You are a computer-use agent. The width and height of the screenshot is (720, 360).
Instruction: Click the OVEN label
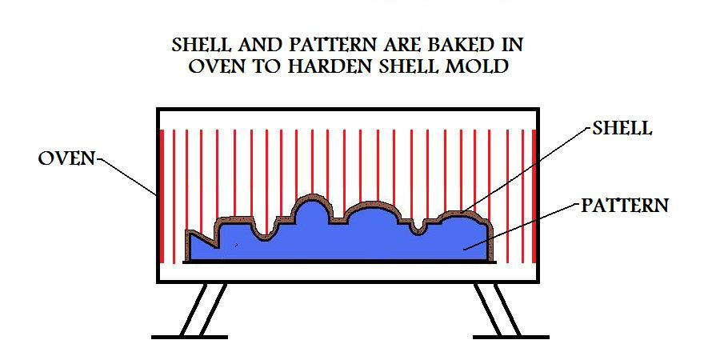(x=66, y=159)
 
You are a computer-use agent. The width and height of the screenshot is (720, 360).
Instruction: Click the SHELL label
(x=622, y=128)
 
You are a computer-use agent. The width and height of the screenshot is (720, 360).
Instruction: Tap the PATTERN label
(x=625, y=206)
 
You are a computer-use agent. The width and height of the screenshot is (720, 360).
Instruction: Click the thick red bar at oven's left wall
(x=162, y=196)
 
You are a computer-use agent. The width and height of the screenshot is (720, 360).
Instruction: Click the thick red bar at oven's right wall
(x=534, y=196)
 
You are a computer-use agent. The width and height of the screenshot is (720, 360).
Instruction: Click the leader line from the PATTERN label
(x=521, y=227)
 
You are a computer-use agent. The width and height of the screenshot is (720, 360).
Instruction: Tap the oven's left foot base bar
(x=190, y=337)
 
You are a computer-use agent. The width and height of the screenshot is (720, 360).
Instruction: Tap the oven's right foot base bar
(x=510, y=337)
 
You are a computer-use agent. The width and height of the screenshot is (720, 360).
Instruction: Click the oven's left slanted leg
(x=203, y=309)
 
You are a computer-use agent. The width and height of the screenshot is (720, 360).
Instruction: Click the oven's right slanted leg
(x=498, y=309)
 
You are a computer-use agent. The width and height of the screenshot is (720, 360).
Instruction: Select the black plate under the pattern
(x=340, y=262)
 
